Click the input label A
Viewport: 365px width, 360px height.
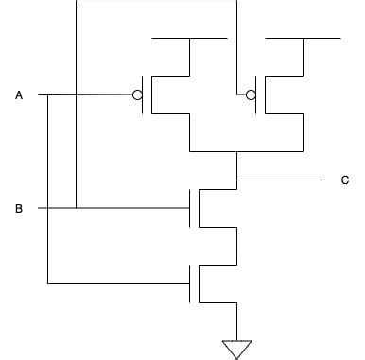pyautogui.click(x=19, y=95)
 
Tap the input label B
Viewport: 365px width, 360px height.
pyautogui.click(x=19, y=208)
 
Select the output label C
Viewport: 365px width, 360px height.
pyautogui.click(x=345, y=180)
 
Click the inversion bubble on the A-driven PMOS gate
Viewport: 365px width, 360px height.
pyautogui.click(x=138, y=95)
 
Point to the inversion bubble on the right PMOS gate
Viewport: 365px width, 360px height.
pyautogui.click(x=250, y=95)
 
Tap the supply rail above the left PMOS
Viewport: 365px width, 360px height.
pyautogui.click(x=189, y=39)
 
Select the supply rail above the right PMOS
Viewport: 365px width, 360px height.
pyautogui.click(x=303, y=39)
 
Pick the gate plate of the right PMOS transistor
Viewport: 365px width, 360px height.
pyautogui.click(x=256, y=95)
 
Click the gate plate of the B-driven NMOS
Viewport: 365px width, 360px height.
pyautogui.click(x=190, y=208)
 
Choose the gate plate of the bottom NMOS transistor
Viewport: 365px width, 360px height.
pyautogui.click(x=190, y=283)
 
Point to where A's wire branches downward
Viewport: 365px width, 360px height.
pyautogui.click(x=47, y=95)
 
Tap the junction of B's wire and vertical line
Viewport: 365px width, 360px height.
pyautogui.click(x=76, y=208)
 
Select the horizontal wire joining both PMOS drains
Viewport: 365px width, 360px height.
pyautogui.click(x=246, y=151)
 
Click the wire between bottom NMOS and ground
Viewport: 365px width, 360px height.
pyautogui.click(x=236, y=321)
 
